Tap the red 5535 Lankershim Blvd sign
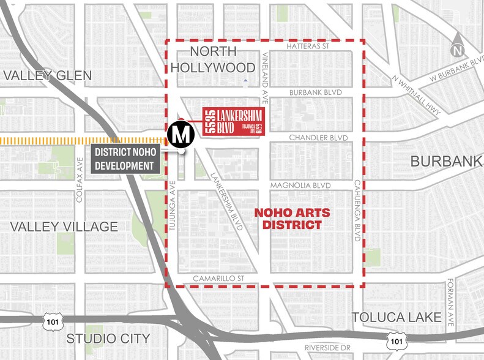233,122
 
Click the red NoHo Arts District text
292,219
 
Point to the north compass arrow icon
458,47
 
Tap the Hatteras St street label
308,47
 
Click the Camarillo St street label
218,278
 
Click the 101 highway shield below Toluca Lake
397,340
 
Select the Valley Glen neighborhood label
47,75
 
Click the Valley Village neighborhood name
64,227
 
